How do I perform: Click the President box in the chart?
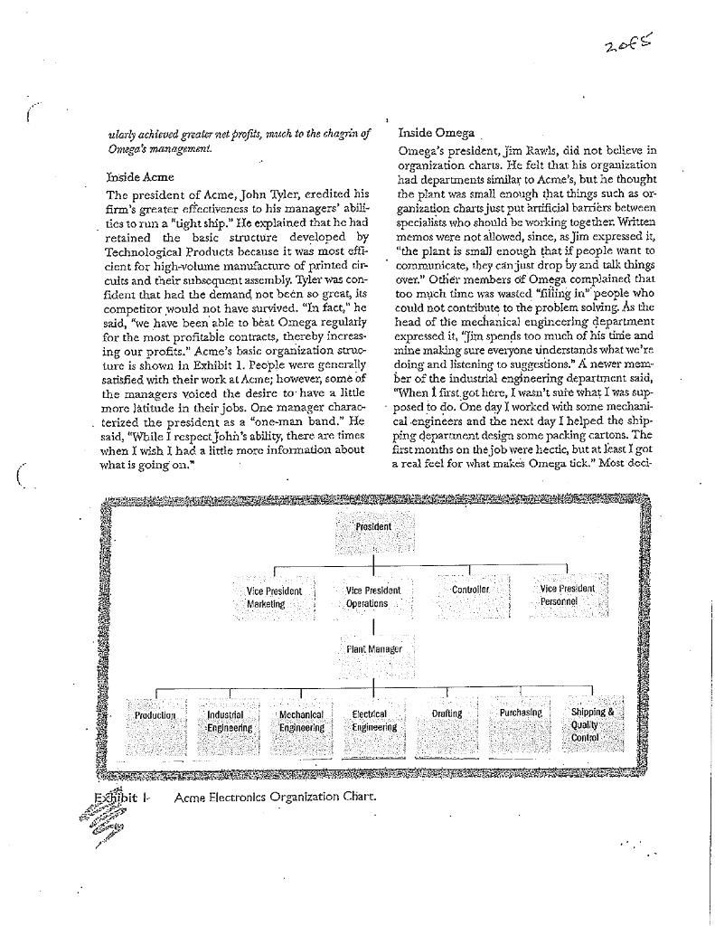tap(372, 532)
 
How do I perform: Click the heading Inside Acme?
tap(140, 176)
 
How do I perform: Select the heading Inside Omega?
tap(436, 133)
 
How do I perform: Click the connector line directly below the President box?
tap(372, 560)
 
